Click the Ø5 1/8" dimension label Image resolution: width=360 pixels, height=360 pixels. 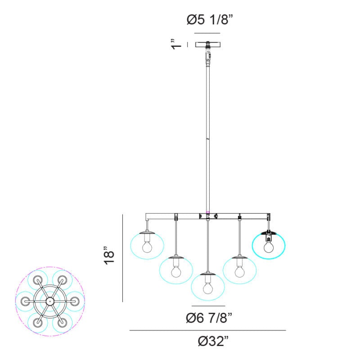(x=210, y=20)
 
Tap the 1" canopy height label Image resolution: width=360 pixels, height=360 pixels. (x=176, y=44)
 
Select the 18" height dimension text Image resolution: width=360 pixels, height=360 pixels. (x=109, y=256)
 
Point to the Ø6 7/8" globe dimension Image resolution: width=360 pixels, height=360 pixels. (x=209, y=318)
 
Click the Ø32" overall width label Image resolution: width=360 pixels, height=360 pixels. (x=213, y=341)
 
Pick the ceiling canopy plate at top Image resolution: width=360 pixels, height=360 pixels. (x=208, y=44)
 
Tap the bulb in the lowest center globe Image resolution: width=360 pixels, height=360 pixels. (x=208, y=288)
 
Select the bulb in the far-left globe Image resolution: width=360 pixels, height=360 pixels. (x=147, y=247)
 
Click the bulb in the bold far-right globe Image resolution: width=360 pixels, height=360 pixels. (x=269, y=247)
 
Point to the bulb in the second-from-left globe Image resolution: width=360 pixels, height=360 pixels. (x=176, y=272)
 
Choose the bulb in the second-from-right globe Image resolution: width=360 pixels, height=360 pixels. (x=240, y=272)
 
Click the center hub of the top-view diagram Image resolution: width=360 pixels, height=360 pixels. (x=49, y=301)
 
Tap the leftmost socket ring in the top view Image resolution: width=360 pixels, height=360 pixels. (x=25, y=301)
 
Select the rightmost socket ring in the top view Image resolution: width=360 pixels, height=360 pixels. (x=74, y=301)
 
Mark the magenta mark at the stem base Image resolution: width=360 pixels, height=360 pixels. (x=208, y=212)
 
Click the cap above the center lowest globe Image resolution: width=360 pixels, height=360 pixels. (x=208, y=274)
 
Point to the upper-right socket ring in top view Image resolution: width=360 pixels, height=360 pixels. (x=62, y=280)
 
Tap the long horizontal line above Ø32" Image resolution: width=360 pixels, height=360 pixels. (x=208, y=330)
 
